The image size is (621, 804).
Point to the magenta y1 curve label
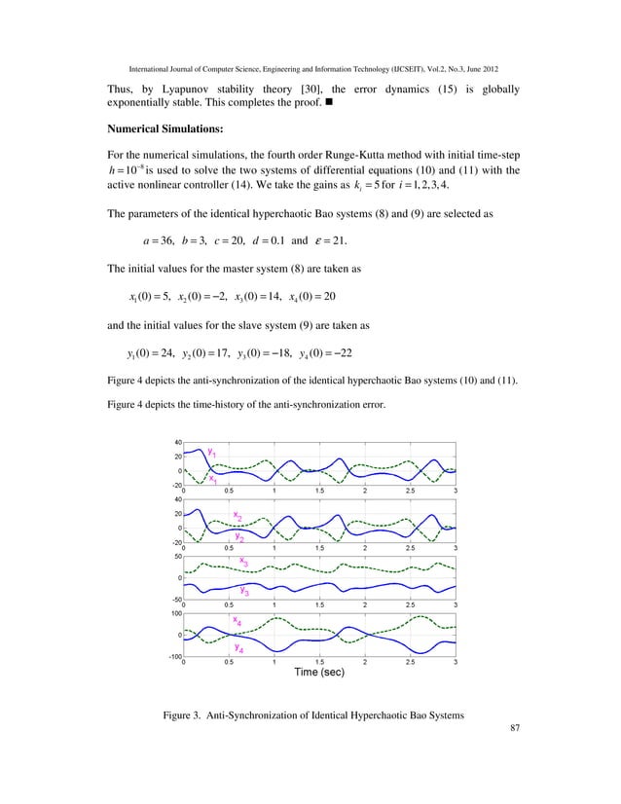211,451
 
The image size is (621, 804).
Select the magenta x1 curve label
212,479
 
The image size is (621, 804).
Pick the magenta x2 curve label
237,515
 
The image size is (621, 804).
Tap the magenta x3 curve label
244,561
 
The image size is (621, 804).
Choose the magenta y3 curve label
245,589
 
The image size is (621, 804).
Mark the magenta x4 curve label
237,619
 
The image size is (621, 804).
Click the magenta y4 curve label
237,646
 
